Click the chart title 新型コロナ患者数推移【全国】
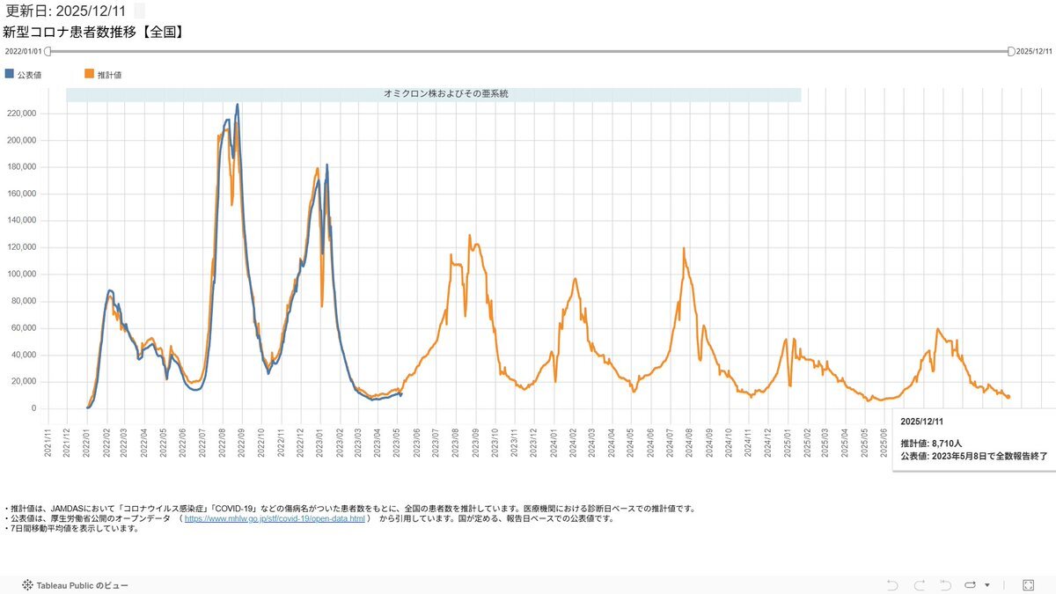click(92, 33)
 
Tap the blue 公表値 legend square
click(10, 74)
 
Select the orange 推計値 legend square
click(89, 74)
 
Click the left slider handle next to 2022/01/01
click(48, 52)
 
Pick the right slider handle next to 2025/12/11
click(1011, 52)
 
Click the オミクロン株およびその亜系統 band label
click(434, 93)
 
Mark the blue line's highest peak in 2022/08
click(237, 105)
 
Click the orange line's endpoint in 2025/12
click(1008, 397)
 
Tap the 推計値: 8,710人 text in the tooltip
click(931, 443)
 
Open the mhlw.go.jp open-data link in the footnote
click(275, 519)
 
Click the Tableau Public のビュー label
click(81, 585)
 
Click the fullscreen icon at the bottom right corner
click(1027, 585)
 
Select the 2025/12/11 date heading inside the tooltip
click(921, 421)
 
